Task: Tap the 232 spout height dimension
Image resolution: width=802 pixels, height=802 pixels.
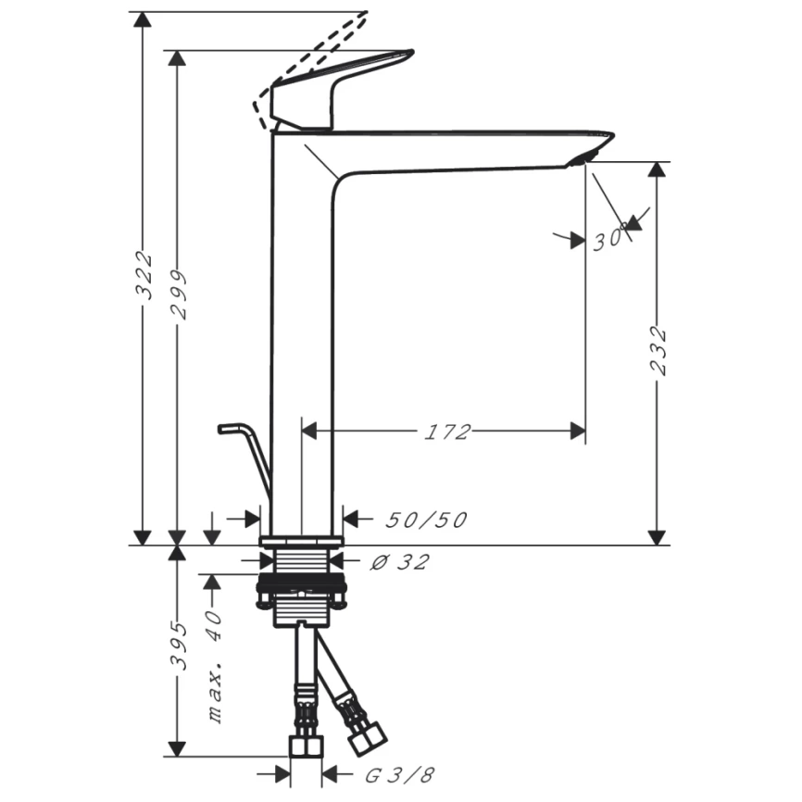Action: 658,351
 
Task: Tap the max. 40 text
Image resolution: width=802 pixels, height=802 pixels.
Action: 214,666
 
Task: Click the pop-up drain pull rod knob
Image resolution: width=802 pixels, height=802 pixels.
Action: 230,428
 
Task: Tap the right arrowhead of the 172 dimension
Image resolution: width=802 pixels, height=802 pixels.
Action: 578,431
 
